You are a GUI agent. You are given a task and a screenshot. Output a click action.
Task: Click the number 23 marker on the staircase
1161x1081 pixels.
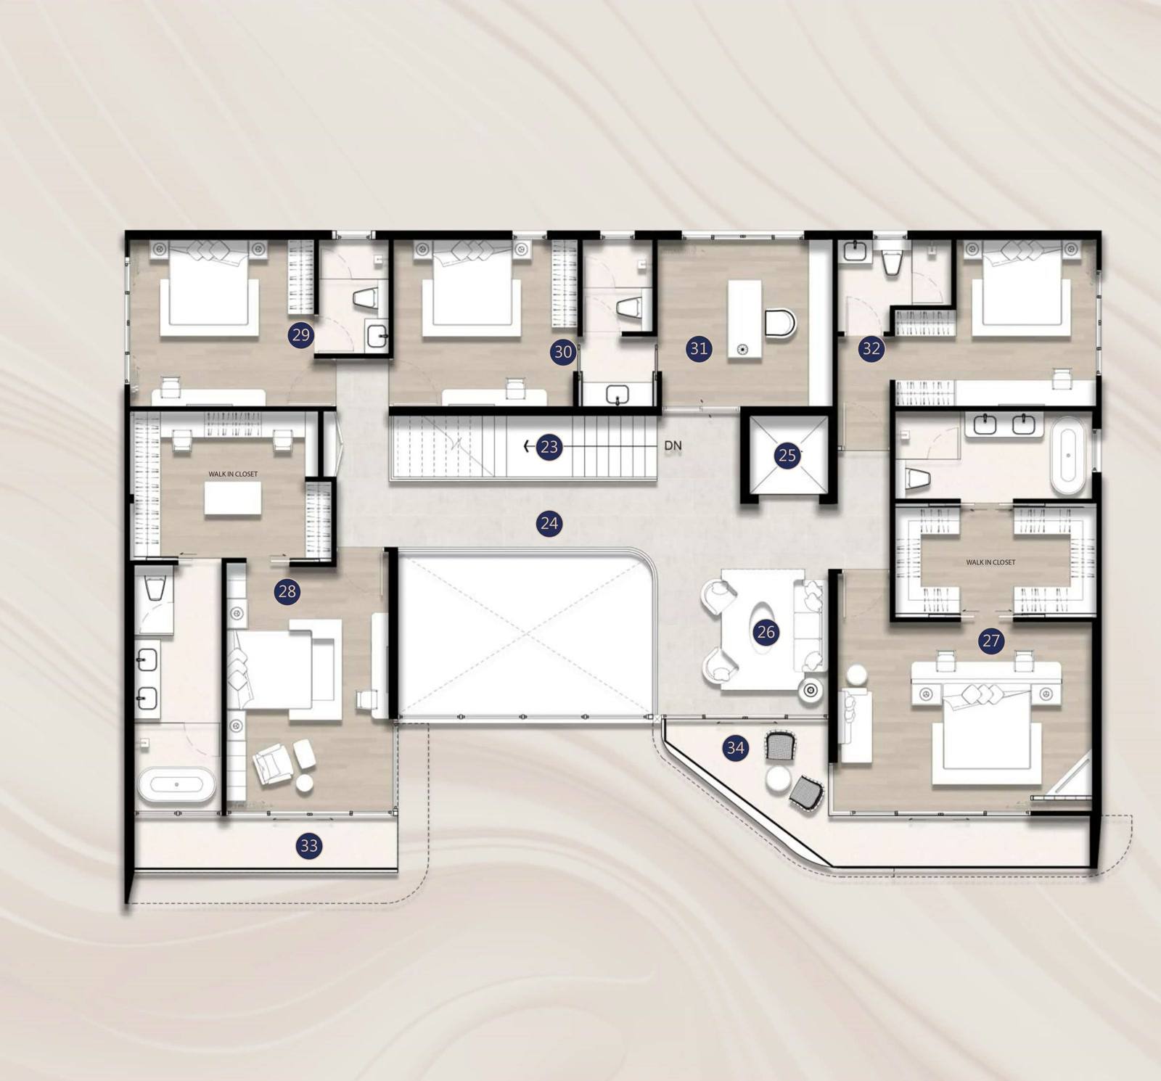point(549,447)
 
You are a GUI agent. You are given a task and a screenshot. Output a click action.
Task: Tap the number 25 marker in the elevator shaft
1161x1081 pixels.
point(787,456)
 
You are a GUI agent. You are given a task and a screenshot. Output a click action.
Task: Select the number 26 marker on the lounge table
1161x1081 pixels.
point(766,632)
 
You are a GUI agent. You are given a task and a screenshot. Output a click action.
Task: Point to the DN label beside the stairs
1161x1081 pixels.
point(673,445)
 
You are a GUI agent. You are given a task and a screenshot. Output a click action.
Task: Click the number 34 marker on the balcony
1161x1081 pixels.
point(735,747)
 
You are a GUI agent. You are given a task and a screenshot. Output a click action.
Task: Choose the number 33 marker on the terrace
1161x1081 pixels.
point(309,845)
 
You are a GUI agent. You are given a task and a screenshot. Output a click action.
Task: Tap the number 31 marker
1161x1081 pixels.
point(698,348)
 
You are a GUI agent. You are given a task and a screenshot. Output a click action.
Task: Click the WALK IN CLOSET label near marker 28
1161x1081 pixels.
point(233,474)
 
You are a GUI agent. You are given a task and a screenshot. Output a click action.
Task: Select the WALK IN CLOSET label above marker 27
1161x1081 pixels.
point(990,562)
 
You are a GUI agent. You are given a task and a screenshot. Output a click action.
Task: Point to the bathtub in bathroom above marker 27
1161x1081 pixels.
point(1068,456)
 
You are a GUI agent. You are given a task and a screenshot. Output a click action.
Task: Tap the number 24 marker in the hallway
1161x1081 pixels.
point(549,522)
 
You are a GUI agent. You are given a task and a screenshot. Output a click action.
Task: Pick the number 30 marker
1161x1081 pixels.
point(563,353)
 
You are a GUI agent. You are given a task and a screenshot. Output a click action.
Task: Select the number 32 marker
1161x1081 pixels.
point(871,349)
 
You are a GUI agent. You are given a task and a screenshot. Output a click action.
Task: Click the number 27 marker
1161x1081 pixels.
point(991,641)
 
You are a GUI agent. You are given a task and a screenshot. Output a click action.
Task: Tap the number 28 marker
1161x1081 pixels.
point(287,591)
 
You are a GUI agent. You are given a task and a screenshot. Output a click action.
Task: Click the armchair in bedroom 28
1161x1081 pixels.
point(274,763)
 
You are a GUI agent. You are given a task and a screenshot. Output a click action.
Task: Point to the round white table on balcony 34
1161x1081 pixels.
point(778,779)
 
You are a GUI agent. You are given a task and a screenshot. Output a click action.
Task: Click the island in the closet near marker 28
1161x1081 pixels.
point(232,498)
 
